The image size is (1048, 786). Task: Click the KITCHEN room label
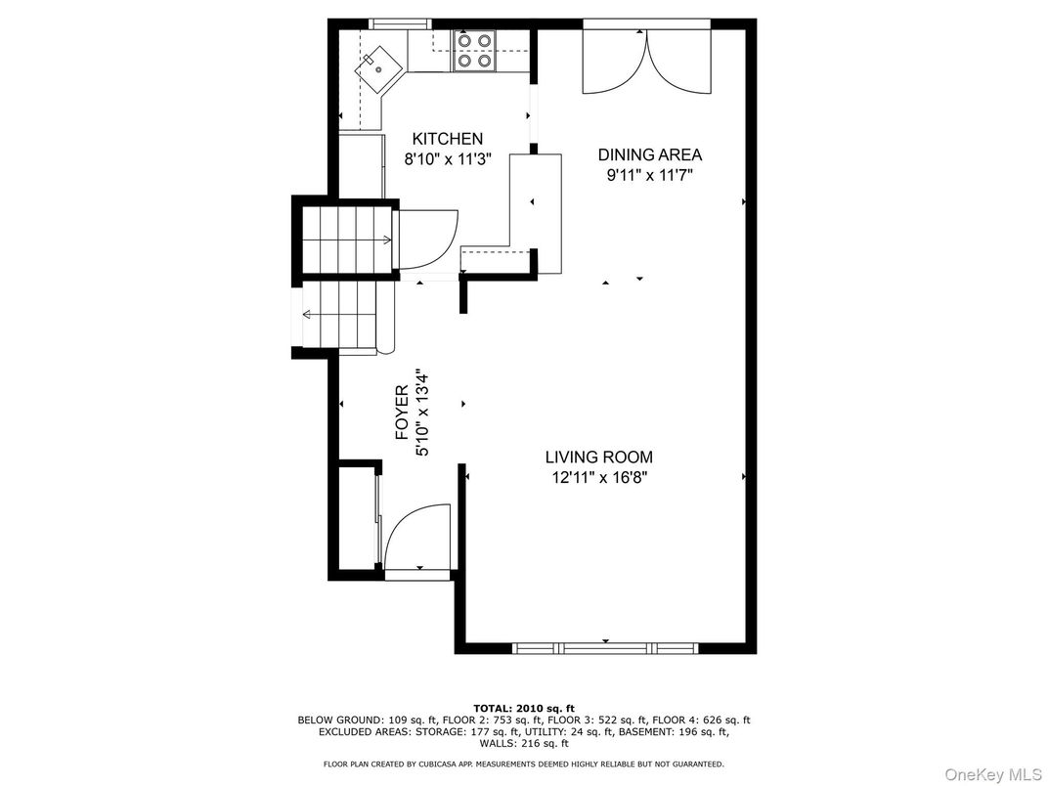[x=447, y=139]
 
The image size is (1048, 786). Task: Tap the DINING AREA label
[x=650, y=154]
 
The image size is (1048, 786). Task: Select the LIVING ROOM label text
[x=598, y=457]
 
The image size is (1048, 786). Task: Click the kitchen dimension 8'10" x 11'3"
[x=448, y=158]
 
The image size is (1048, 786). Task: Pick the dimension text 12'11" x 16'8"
[x=598, y=477]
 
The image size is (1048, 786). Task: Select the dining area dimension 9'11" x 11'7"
[x=650, y=175]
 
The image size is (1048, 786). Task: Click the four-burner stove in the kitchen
[x=473, y=51]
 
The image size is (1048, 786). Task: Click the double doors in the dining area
[x=645, y=61]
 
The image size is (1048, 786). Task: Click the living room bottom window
[x=604, y=647]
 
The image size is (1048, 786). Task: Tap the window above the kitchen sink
[x=400, y=23]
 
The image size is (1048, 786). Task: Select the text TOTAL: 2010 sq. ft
[x=523, y=708]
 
